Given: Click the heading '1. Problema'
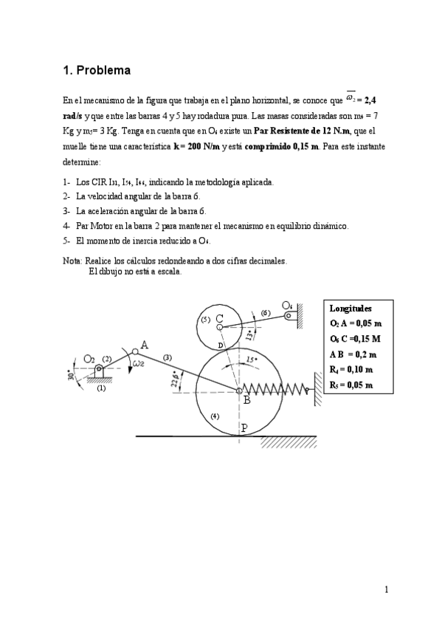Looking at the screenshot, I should point(97,71).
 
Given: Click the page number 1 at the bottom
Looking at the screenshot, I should point(386,589).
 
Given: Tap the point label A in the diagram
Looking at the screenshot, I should point(145,344).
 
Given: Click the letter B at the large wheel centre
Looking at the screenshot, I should point(246,400).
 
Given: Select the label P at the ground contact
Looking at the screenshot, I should point(244,427).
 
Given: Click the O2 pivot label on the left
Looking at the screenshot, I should point(90,359).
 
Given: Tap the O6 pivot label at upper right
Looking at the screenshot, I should point(287,305).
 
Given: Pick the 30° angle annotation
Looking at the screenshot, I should point(71,374).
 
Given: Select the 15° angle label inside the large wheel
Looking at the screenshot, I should point(252,360).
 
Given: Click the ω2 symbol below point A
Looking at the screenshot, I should point(139,363).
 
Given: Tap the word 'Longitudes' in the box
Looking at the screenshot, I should point(351,309).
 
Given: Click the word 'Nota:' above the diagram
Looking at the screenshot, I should point(73,261).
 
